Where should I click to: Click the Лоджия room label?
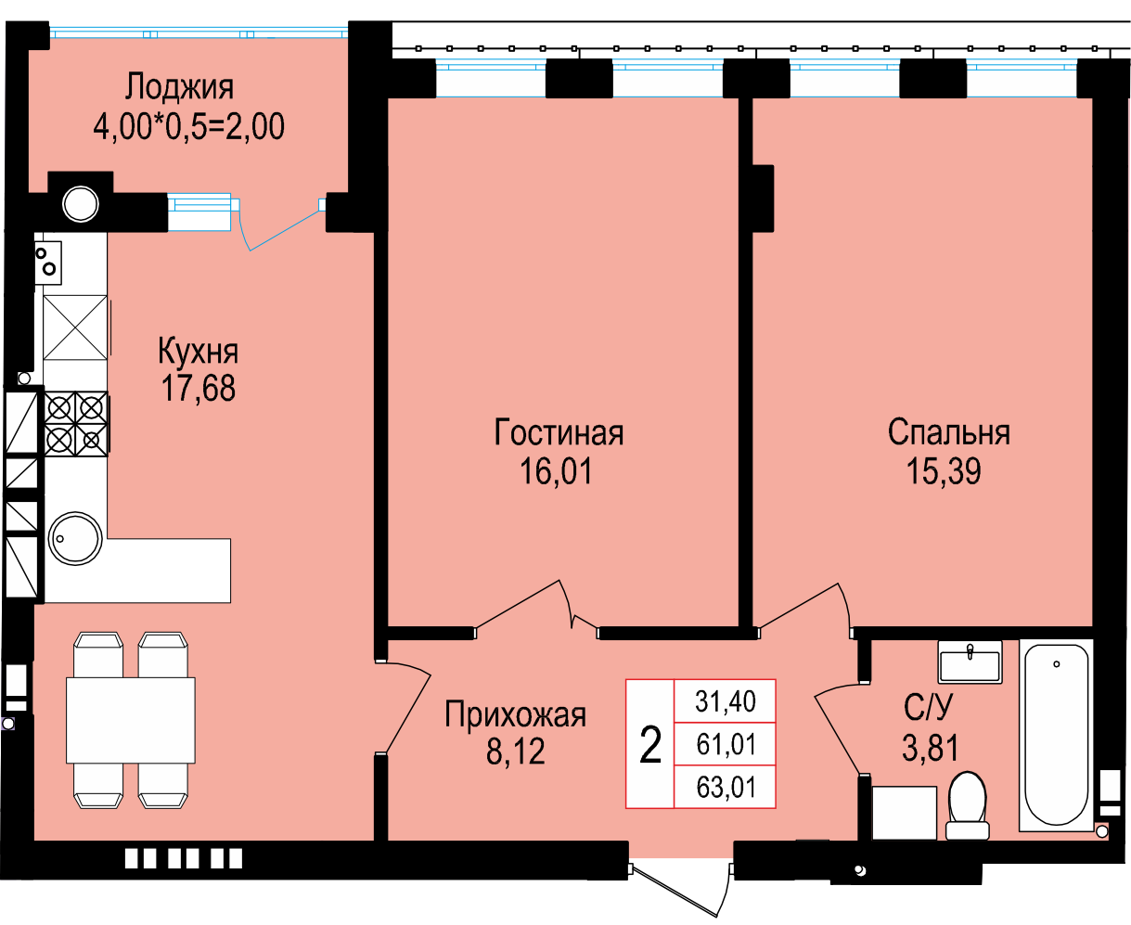pos(179,88)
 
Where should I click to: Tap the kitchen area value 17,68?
pos(198,388)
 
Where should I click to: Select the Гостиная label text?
pos(559,432)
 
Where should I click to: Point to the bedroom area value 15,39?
pos(944,470)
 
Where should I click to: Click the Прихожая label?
pos(515,714)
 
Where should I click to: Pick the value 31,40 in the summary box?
pos(726,700)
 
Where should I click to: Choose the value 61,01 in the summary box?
pos(726,744)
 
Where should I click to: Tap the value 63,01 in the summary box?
pos(726,787)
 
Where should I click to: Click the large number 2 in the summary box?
pos(650,744)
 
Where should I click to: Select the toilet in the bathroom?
pos(968,805)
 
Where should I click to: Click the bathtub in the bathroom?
pos(1056,734)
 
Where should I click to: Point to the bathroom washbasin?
pos(970,662)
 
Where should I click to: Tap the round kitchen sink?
pos(75,538)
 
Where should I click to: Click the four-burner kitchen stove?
pos(75,424)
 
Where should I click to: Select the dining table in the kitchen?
pos(130,720)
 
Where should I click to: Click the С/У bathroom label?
pos(929,707)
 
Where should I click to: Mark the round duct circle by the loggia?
pos(81,204)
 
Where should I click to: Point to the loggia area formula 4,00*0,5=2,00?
pos(188,126)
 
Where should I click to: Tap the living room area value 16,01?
pos(556,470)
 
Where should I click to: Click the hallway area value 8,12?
pos(515,751)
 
